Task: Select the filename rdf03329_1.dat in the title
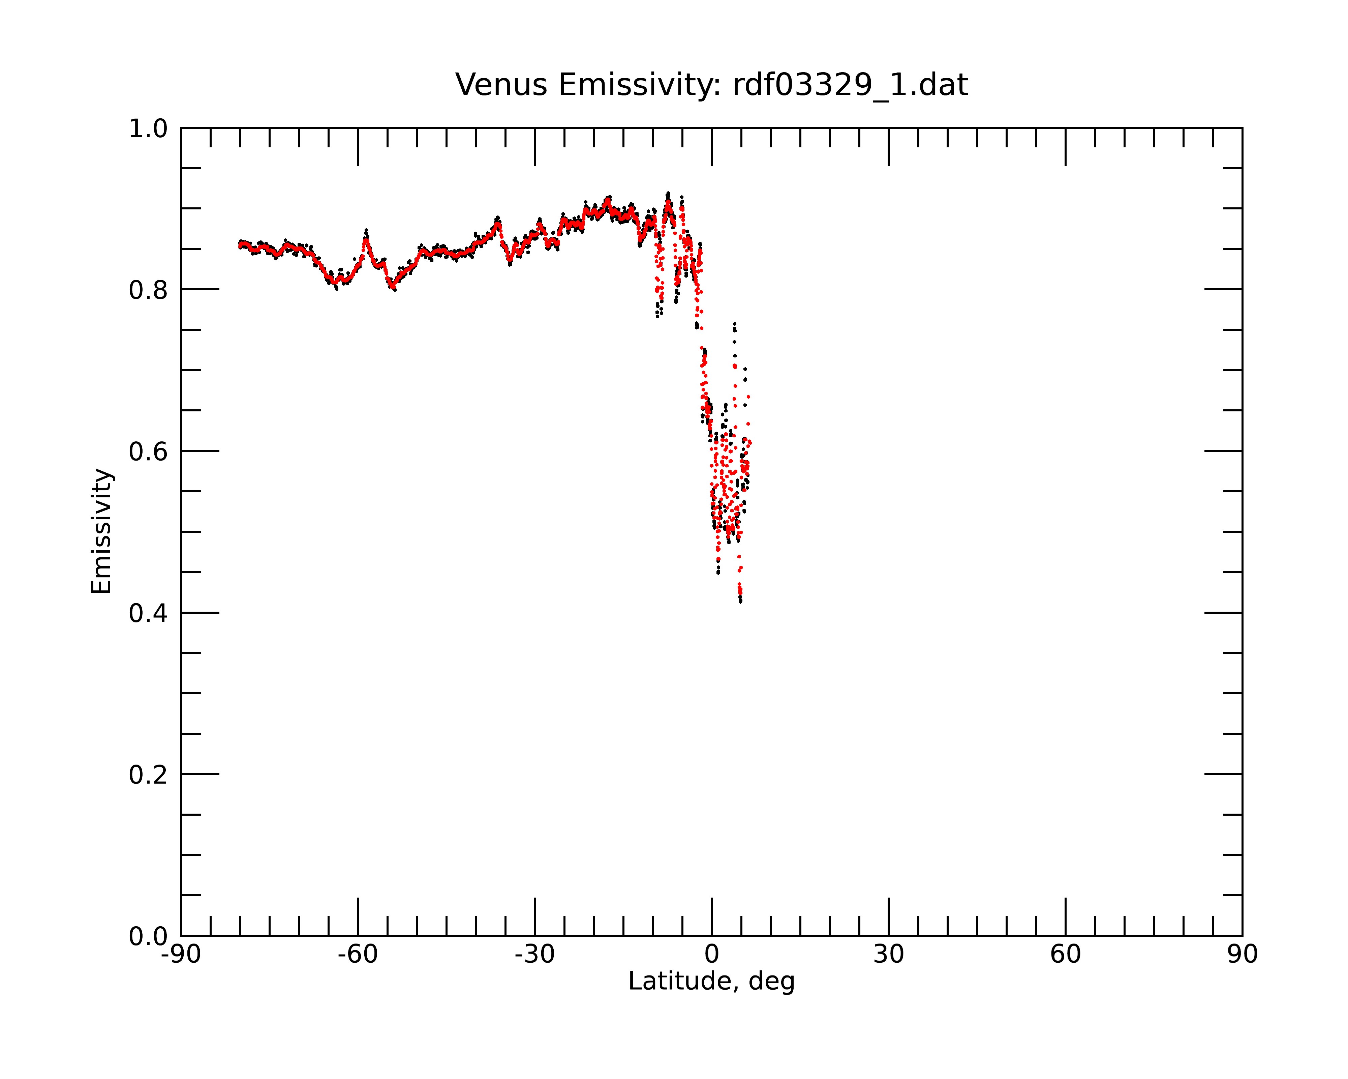point(850,85)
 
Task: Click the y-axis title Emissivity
point(101,531)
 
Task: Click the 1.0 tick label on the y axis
point(148,129)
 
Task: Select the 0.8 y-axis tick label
point(148,290)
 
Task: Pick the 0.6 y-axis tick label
point(148,451)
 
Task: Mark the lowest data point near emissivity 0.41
point(740,601)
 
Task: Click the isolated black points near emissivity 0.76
point(735,326)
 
